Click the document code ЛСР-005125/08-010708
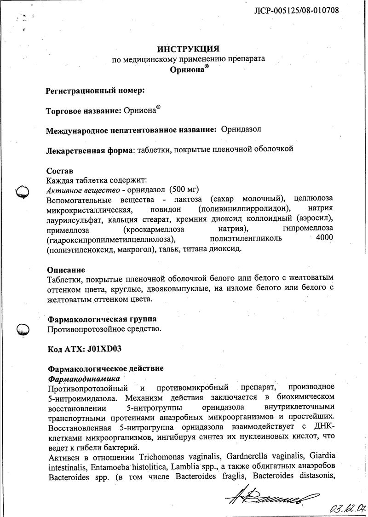pyautogui.click(x=297, y=10)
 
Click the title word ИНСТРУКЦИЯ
pyautogui.click(x=188, y=49)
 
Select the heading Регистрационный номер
pyautogui.click(x=95, y=91)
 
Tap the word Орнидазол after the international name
pyautogui.click(x=241, y=130)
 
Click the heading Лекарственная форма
pyautogui.click(x=89, y=149)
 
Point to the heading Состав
pyautogui.click(x=60, y=171)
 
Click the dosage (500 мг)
pyautogui.click(x=186, y=190)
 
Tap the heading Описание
pyautogui.click(x=66, y=270)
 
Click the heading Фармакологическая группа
pyautogui.click(x=102, y=319)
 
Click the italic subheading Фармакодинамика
pyautogui.click(x=84, y=379)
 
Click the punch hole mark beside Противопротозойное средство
pyautogui.click(x=23, y=329)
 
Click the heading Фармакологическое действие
pyautogui.click(x=105, y=369)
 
